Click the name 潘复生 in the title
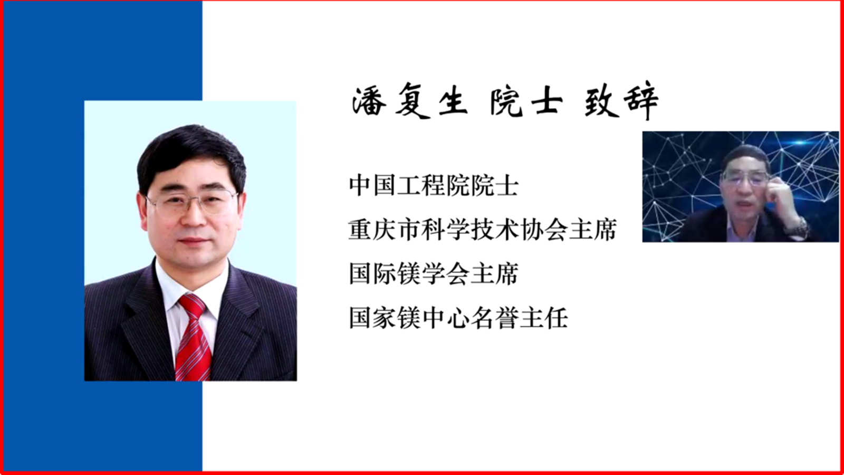[x=410, y=100]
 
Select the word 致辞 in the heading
[x=622, y=100]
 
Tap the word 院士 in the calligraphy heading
[x=526, y=100]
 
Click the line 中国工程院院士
[x=434, y=185]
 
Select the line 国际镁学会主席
[x=434, y=274]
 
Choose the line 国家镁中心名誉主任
[x=458, y=318]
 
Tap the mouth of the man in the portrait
[x=194, y=241]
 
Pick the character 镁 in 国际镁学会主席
[x=409, y=274]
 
